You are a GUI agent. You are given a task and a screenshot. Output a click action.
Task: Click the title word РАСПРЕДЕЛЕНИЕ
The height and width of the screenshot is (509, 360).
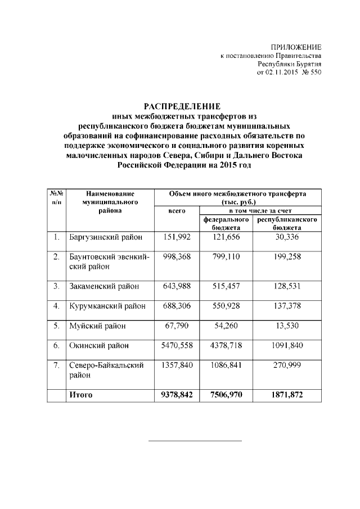pos(183,106)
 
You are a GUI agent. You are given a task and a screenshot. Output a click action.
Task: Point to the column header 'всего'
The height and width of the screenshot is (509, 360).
pos(177,210)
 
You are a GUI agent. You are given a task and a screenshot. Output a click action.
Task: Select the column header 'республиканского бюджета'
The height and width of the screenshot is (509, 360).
pos(287,223)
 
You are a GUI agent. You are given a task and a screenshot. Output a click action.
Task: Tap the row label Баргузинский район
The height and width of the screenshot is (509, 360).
pos(105,237)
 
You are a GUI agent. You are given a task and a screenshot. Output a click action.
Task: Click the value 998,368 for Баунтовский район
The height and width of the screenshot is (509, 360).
pos(177,256)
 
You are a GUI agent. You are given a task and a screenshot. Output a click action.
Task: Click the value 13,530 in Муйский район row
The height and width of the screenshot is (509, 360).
pos(287,326)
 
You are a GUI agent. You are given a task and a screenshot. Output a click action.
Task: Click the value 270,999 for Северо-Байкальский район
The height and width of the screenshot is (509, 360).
pos(287,365)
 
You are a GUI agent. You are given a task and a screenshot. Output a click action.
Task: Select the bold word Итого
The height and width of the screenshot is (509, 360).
pos(80,395)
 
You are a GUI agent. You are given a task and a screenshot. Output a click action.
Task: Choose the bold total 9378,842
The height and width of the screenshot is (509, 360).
pos(177,395)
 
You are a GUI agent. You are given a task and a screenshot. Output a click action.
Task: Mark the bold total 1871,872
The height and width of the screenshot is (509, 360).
pos(287,395)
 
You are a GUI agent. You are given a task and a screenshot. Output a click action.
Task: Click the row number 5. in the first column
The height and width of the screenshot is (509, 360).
pos(56,326)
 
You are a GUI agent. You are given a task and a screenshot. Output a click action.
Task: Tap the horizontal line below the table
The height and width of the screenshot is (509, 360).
pos(195,440)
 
